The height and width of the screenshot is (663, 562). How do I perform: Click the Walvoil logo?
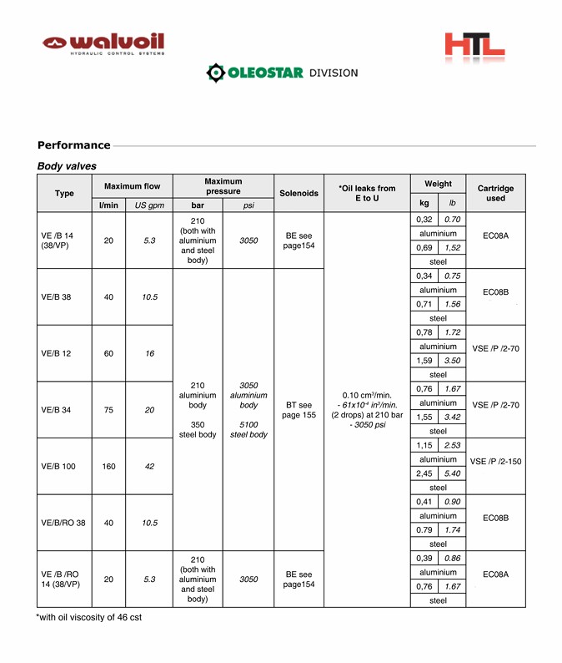coord(105,43)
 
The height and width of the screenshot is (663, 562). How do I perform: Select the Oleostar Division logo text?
coord(282,73)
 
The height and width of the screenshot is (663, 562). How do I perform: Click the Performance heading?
coord(73,145)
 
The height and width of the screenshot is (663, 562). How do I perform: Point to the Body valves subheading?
coord(67,166)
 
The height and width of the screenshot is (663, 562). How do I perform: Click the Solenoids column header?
coord(299,193)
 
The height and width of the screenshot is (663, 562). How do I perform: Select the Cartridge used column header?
coord(495,193)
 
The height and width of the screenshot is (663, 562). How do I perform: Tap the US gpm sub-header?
coord(149,205)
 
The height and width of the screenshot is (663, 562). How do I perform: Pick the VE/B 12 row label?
coord(56,353)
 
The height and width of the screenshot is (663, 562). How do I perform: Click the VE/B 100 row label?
coord(58,466)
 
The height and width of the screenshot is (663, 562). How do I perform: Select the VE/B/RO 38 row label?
coord(63,523)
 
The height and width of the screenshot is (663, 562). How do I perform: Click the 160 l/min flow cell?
coord(108,466)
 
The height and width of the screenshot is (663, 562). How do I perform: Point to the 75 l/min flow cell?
coord(108,410)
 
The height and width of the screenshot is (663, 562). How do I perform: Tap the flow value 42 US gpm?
coord(149,466)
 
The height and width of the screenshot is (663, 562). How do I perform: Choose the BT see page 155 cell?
coord(299,409)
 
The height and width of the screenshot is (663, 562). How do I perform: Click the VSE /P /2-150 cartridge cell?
coord(495,460)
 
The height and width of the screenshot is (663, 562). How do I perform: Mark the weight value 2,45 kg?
coord(424,473)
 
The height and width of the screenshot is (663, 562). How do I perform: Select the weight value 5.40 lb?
coord(452,473)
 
